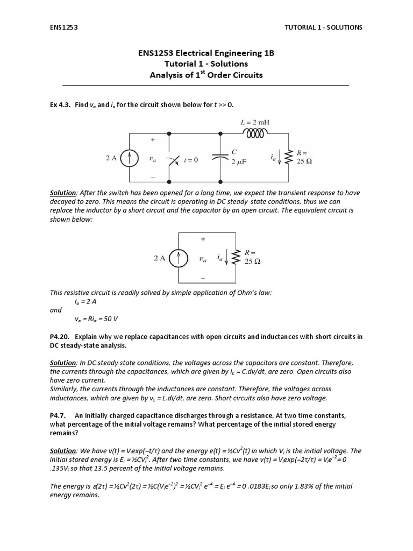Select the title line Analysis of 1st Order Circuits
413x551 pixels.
(206, 75)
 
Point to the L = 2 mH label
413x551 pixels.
(254, 122)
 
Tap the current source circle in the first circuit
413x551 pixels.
(129, 158)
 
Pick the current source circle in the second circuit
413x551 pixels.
(178, 258)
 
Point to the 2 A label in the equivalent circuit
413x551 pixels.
(160, 258)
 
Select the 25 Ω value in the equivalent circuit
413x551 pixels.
(252, 262)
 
